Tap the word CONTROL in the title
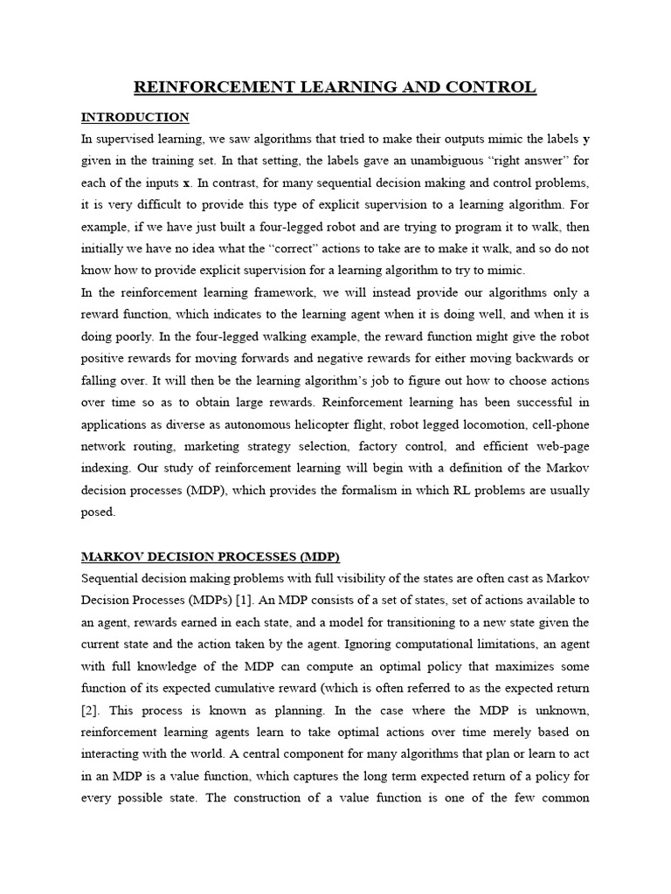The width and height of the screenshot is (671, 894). tap(494, 87)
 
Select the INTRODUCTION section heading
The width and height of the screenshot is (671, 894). tap(135, 117)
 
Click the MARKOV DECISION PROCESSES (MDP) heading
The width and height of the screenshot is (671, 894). tap(210, 557)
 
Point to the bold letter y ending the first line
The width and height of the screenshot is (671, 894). tap(586, 140)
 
